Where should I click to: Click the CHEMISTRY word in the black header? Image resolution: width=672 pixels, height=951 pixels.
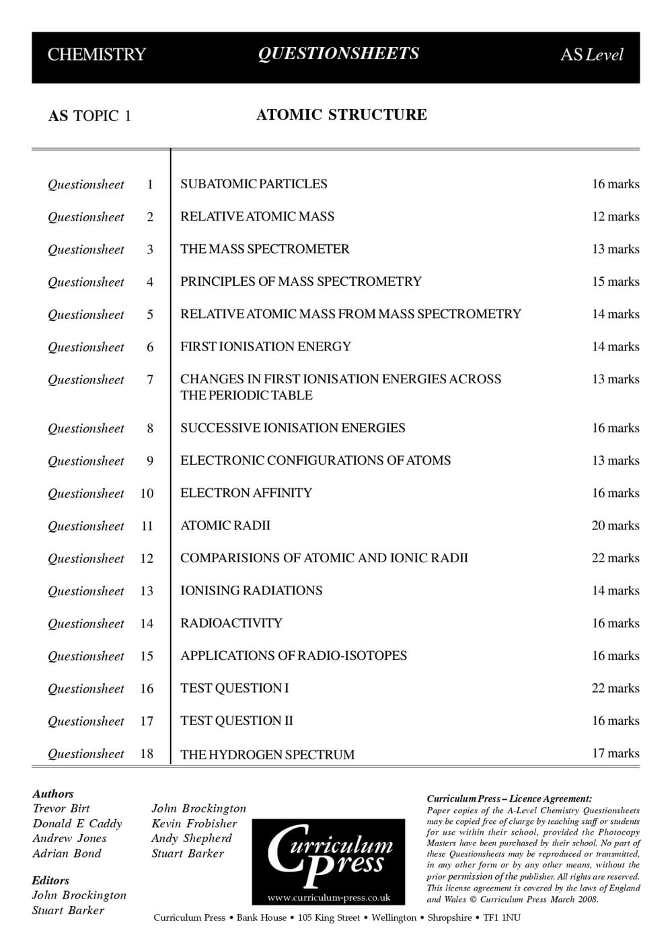coord(96,54)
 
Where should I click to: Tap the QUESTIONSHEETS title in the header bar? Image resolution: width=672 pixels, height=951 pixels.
coord(338,54)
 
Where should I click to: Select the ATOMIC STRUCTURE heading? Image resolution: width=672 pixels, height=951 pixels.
coord(341,115)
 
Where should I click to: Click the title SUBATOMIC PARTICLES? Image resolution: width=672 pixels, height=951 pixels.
coord(254,184)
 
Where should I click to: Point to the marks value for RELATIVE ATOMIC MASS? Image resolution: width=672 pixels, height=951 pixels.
coord(615,217)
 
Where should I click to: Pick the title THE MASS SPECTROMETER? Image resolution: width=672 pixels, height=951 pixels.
coord(264,250)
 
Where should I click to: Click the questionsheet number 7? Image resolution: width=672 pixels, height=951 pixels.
coord(150,380)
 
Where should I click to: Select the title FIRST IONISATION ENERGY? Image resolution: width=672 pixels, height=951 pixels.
coord(265,347)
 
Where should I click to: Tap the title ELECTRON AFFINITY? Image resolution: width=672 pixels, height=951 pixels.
coord(246,493)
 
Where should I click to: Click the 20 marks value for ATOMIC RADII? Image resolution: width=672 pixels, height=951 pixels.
coord(615,526)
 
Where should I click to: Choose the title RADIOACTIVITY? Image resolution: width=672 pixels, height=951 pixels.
coord(231,623)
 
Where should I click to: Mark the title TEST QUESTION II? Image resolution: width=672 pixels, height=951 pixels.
coord(236,721)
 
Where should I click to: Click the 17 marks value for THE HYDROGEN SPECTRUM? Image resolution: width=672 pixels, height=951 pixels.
coord(615,754)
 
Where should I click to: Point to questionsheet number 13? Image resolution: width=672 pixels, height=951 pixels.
coord(147,591)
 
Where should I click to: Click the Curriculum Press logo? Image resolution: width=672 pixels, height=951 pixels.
coord(328,854)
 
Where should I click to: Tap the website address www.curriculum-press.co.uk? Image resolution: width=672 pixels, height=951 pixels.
coord(328,897)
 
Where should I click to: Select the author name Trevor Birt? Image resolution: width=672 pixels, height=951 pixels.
coord(61,808)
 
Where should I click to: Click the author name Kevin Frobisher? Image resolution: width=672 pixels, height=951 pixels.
coord(194,824)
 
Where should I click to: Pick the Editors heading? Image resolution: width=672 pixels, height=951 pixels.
coord(50,880)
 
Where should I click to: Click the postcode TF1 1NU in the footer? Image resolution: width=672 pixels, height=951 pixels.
coord(502,918)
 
